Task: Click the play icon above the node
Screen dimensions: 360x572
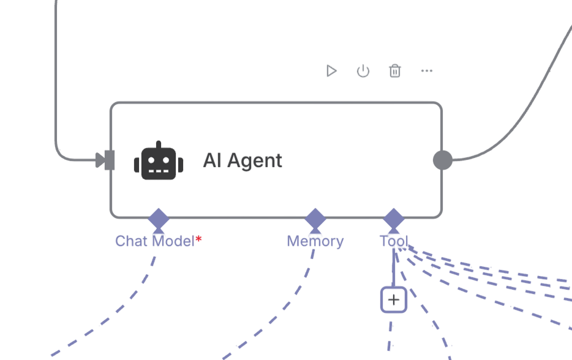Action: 331,71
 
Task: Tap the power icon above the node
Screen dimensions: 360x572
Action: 363,71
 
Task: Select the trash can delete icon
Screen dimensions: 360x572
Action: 395,71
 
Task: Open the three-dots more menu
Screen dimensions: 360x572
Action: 427,71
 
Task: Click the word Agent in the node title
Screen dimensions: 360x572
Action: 255,161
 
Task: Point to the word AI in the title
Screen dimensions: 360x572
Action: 212,161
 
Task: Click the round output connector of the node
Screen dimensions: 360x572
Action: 443,160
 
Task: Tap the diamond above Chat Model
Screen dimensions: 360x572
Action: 159,219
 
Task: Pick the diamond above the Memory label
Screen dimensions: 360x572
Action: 315,219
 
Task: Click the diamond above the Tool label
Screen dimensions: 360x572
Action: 393,219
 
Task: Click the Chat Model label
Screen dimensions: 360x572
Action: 154,241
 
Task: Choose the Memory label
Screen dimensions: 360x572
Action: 315,241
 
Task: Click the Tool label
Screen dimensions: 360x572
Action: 393,241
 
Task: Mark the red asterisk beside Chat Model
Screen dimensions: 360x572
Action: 198,239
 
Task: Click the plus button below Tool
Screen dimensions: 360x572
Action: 394,300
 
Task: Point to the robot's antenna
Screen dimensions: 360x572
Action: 159,145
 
